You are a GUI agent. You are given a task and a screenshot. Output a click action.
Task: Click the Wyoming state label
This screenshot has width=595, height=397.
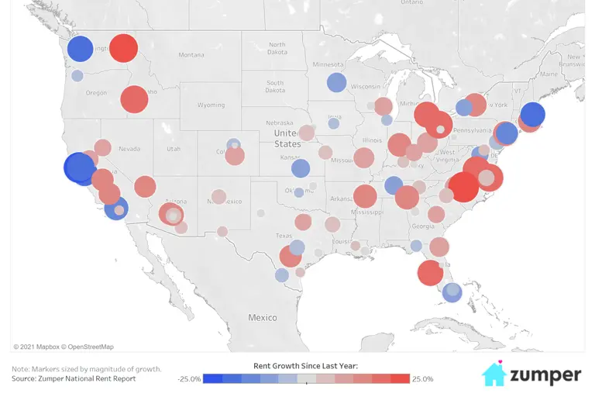pyautogui.click(x=211, y=105)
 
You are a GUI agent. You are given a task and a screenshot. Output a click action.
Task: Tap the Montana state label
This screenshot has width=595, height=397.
pyautogui.click(x=191, y=55)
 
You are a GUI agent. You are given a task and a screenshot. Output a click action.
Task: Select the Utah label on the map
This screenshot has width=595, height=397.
pyautogui.click(x=174, y=148)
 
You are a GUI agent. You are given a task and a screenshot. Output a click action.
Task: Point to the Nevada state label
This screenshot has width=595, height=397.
pyautogui.click(x=129, y=148)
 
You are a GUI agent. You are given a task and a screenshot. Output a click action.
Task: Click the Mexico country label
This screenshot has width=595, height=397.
pyautogui.click(x=262, y=318)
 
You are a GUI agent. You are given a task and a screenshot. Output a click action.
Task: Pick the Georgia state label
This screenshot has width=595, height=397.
pyautogui.click(x=423, y=226)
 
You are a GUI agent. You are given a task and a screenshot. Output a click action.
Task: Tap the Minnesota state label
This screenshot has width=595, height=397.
pyautogui.click(x=328, y=64)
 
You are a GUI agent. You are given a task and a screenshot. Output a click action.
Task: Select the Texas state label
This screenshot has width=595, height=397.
pyautogui.click(x=284, y=236)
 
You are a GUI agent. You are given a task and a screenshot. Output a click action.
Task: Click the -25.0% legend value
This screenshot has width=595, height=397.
pyautogui.click(x=189, y=379)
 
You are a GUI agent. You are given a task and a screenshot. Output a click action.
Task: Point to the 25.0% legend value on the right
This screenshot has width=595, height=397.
pyautogui.click(x=423, y=379)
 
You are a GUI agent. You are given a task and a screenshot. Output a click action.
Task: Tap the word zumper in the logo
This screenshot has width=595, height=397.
pyautogui.click(x=545, y=376)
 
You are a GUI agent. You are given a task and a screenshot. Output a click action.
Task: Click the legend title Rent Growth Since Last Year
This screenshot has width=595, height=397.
pyautogui.click(x=305, y=365)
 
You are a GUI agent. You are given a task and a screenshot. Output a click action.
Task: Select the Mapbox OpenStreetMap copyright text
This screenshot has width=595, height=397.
pyautogui.click(x=64, y=347)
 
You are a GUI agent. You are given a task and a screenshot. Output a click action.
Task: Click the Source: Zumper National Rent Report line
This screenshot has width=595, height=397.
pyautogui.click(x=74, y=378)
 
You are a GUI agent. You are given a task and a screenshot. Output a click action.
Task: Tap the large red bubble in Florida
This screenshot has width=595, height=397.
pyautogui.click(x=430, y=273)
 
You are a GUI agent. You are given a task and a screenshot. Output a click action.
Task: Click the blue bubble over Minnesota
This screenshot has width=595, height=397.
pyautogui.click(x=336, y=82)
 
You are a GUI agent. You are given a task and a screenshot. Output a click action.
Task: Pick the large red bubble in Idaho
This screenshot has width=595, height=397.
pyautogui.click(x=134, y=99)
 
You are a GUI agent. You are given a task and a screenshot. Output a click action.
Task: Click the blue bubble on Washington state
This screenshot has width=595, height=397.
pyautogui.click(x=80, y=49)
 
